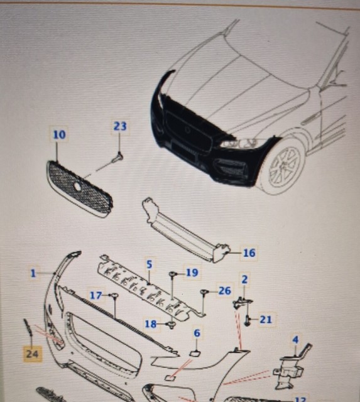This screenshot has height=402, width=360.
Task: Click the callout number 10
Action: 58,134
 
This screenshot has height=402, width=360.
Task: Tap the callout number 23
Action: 120,126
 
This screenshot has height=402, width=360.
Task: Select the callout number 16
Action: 249,253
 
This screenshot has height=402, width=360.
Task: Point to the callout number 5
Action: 150,264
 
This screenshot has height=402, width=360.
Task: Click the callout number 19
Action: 192,273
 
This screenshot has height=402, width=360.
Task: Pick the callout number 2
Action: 244,278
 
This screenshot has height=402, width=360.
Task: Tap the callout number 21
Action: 266,320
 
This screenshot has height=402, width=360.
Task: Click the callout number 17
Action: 95,295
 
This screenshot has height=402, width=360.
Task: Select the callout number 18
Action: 151,324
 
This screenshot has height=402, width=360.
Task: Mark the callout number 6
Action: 196,334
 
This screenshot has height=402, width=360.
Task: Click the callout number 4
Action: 295,341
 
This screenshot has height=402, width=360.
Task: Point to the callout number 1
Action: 33,273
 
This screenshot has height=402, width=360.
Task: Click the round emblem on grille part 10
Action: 77,187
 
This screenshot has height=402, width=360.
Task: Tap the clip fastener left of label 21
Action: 249,320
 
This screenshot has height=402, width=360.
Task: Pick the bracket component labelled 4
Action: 289,367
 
